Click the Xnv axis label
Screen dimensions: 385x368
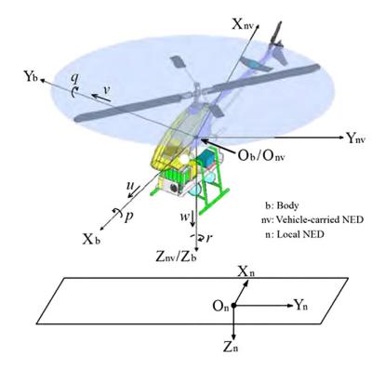244,24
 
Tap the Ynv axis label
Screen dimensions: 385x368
356,138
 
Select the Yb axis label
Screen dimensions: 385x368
31,76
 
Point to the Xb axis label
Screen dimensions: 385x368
91,239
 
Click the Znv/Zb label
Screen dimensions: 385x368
176,256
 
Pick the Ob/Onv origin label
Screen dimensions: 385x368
261,155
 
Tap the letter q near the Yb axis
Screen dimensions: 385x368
74,79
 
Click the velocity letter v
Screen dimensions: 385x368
106,90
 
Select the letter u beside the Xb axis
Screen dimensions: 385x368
130,185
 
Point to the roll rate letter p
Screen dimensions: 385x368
128,216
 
